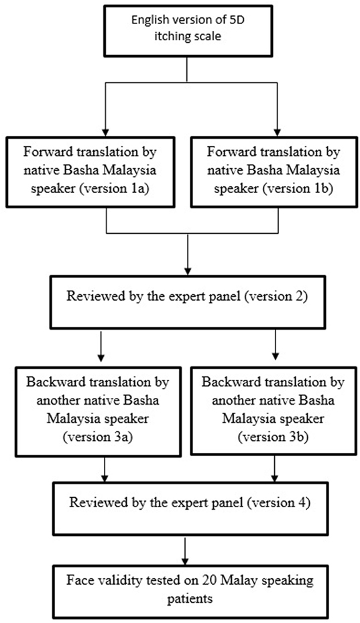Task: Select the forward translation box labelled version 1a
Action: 91,171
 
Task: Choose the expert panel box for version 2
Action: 187,302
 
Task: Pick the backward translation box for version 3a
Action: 98,411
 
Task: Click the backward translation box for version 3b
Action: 272,411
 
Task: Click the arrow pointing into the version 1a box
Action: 106,109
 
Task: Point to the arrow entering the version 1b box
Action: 278,109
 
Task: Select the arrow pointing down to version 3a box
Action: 101,346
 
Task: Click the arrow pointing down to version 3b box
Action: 276,346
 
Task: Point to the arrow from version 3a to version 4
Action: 104,469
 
